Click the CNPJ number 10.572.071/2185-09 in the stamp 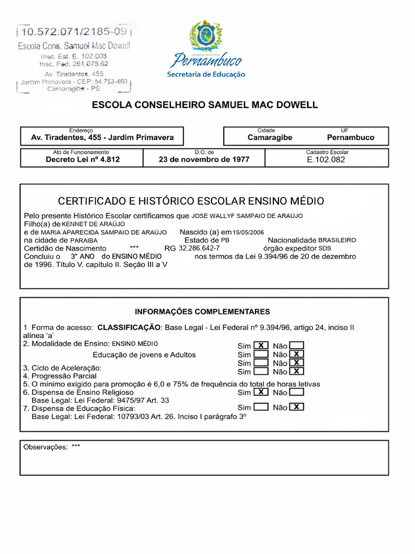pos(74,34)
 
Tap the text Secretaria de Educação pos(206,75)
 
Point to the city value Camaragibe pos(270,137)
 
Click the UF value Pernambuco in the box pos(351,137)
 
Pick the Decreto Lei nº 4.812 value pos(83,160)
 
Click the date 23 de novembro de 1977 pos(204,160)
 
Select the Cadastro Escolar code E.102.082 pos(326,160)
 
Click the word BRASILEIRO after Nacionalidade pos(337,240)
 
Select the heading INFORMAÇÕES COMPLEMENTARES pos(202,312)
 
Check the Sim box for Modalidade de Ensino pos(261,346)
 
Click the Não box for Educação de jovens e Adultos pos(296,354)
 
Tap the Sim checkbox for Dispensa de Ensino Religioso pos(261,392)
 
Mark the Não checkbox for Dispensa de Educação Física pos(296,407)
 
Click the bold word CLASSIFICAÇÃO pos(129,327)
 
